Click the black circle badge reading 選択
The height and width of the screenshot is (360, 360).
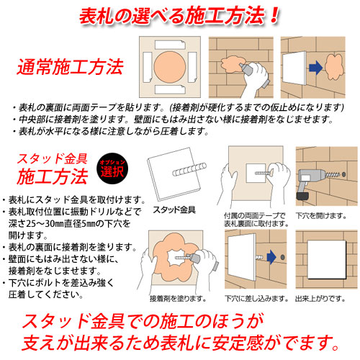[x=112, y=168]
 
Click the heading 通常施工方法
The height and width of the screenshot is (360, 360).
[x=70, y=67]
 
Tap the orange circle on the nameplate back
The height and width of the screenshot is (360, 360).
[x=170, y=67]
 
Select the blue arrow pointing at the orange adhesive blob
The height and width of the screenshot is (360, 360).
[x=315, y=68]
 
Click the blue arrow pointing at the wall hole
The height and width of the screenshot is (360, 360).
[x=271, y=257]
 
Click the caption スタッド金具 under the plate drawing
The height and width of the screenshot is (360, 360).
[x=174, y=210]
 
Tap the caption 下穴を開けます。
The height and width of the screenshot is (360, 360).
[x=321, y=216]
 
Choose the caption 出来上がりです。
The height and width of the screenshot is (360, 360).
[x=320, y=299]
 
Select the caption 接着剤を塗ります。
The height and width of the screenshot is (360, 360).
[x=178, y=299]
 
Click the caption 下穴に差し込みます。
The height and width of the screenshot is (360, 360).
[x=256, y=299]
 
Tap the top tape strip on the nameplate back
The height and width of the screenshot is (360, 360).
[x=170, y=45]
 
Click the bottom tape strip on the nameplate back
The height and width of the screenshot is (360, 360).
[x=170, y=89]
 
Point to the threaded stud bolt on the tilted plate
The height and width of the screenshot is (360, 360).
[x=189, y=169]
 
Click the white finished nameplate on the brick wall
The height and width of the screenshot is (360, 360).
[x=327, y=259]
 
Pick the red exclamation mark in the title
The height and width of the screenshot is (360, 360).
[x=274, y=15]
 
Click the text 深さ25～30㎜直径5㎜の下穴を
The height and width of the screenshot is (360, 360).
[x=70, y=224]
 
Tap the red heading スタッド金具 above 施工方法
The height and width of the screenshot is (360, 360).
[x=52, y=159]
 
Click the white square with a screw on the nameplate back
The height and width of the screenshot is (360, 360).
[x=256, y=173]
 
